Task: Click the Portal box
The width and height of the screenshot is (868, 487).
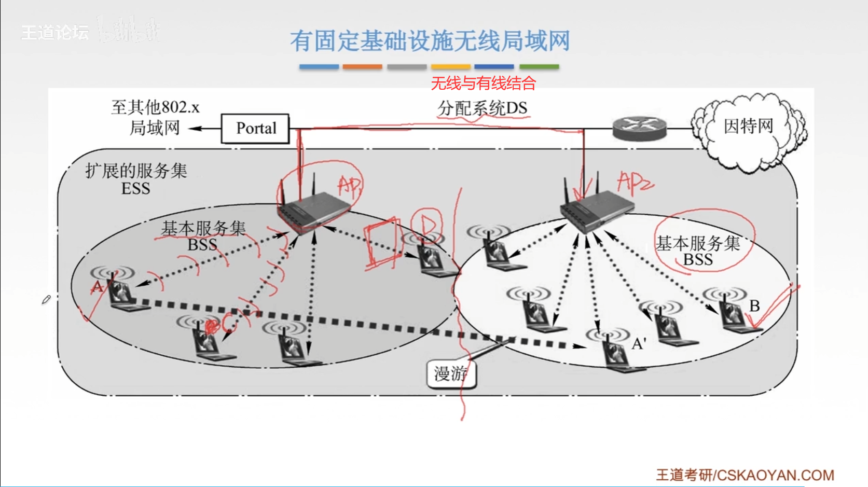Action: coord(255,129)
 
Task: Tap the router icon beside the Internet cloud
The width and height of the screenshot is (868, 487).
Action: coord(639,128)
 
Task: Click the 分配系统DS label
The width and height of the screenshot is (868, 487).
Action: coord(482,108)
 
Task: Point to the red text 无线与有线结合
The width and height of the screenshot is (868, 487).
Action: coord(483,83)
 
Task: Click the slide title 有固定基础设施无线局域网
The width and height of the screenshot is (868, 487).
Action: coord(430,41)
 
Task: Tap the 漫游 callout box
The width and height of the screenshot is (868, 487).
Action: coord(451,373)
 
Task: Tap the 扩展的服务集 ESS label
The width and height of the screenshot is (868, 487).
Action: coord(136,179)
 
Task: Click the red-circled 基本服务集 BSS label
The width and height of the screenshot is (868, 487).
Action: coord(698,251)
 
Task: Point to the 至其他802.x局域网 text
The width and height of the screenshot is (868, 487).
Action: coord(155,117)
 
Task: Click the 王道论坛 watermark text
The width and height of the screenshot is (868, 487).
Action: coord(54,33)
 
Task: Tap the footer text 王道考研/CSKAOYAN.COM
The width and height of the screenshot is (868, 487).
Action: coord(745,475)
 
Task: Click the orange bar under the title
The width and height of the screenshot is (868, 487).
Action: coord(362,67)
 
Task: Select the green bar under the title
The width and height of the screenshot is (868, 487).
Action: coord(539,67)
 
